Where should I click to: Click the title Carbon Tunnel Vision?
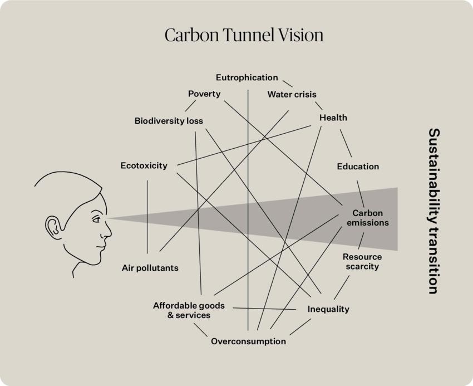(244, 35)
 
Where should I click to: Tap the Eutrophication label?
(247, 77)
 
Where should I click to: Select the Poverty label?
(204, 94)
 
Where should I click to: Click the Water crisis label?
(292, 94)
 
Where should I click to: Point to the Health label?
(333, 118)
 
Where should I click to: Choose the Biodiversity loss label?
(169, 121)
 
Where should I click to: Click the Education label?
(358, 167)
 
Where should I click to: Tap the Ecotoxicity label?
(144, 165)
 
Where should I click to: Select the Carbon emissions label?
(367, 218)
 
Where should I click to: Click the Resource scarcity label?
(362, 261)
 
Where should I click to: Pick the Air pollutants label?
(150, 268)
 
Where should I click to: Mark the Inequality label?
(328, 309)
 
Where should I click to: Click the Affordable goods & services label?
(181, 310)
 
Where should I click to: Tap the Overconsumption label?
(248, 341)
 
